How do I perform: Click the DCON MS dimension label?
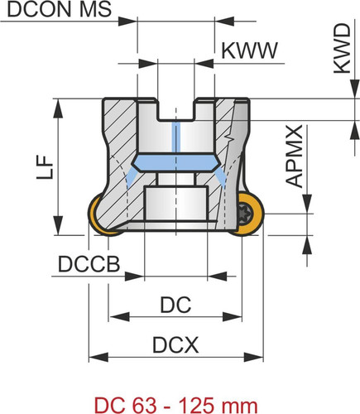[60, 9]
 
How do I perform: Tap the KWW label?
[250, 51]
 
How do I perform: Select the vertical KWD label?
[343, 49]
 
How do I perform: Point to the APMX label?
[295, 156]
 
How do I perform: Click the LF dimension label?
[45, 167]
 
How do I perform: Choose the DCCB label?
[89, 264]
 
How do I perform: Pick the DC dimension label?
[175, 305]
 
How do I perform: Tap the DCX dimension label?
[175, 345]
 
